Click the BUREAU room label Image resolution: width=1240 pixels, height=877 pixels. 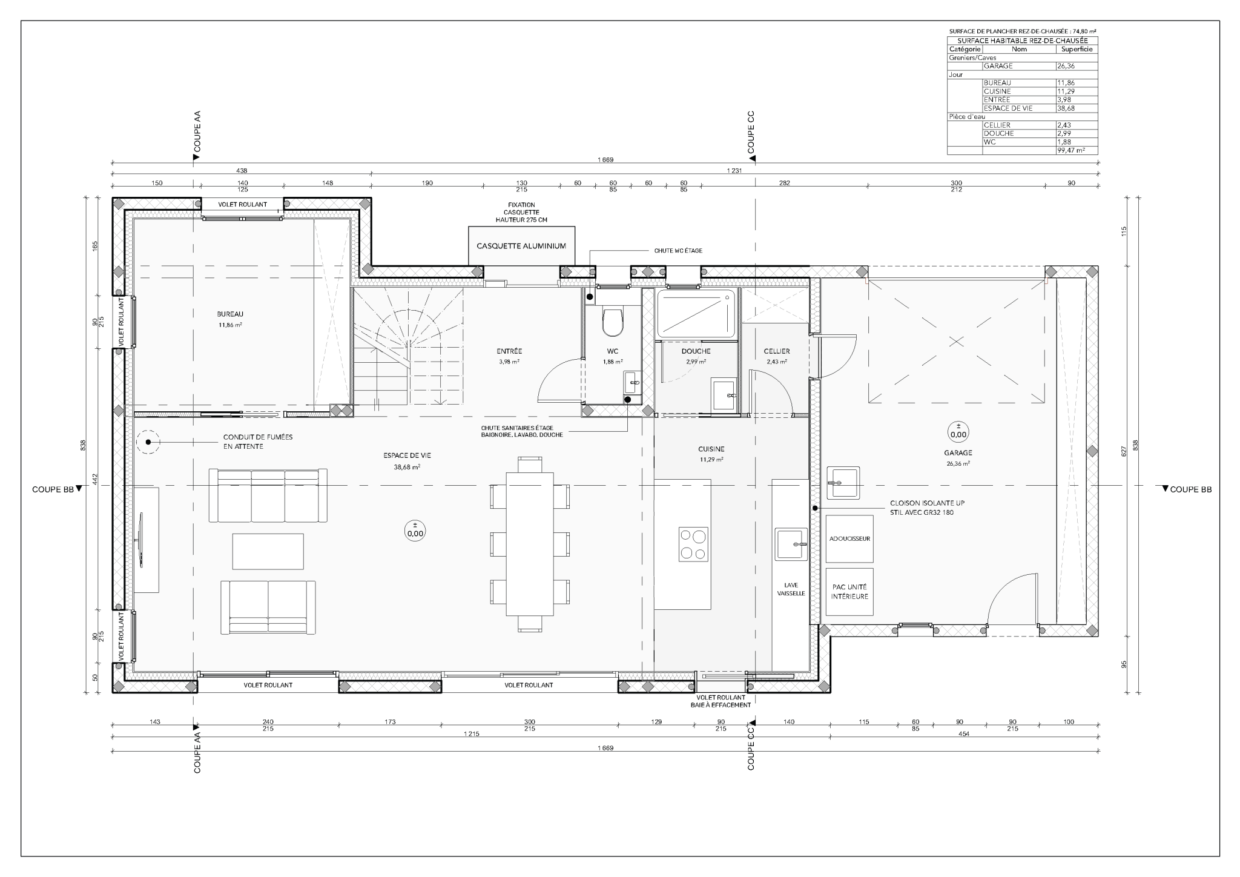tap(230, 314)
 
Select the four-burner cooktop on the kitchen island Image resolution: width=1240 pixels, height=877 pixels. tap(693, 544)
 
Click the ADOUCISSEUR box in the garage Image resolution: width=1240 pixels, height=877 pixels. tap(849, 538)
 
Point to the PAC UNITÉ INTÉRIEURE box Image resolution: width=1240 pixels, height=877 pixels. tap(849, 592)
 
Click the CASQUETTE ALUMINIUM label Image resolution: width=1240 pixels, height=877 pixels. tap(521, 246)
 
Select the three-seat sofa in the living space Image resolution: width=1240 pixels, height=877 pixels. tap(268, 495)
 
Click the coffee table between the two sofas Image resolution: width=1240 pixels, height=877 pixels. tap(268, 551)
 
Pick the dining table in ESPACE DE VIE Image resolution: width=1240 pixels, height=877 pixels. tap(530, 543)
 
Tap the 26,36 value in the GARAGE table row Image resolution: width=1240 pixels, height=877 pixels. tap(1066, 66)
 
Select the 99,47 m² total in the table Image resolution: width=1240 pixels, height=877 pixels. tap(1070, 150)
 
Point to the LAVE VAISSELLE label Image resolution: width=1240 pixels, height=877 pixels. tap(791, 589)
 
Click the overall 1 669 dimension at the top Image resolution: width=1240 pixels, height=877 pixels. tap(605, 160)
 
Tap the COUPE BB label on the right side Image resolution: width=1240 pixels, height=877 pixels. tap(1191, 489)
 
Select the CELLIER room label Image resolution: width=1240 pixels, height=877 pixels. tap(777, 351)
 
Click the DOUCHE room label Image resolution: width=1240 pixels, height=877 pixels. tap(696, 351)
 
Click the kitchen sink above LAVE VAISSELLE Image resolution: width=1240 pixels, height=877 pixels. tap(791, 543)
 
